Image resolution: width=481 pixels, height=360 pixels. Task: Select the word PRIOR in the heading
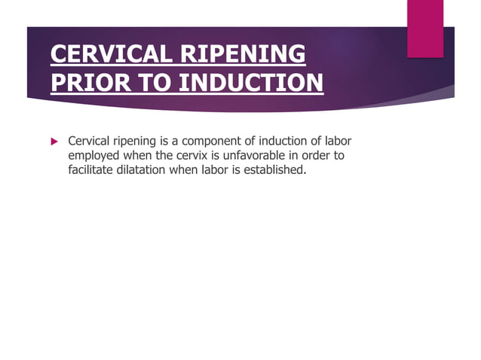(82, 81)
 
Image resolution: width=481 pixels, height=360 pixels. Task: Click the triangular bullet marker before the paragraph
(54, 141)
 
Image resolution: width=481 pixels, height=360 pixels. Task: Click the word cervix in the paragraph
(196, 155)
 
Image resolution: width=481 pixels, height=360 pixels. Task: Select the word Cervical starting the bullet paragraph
(90, 141)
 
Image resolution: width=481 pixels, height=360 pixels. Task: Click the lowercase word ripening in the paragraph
(138, 142)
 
